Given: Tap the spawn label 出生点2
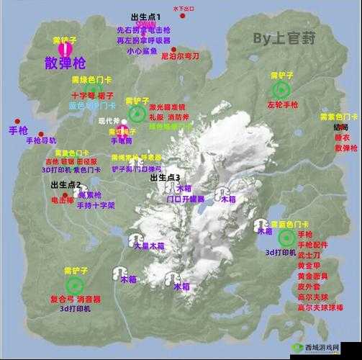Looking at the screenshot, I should [65, 185].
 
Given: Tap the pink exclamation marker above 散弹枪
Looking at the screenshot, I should [65, 49].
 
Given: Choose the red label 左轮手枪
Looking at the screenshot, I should [282, 105].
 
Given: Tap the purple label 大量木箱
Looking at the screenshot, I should [149, 246].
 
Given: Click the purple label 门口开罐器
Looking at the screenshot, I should [186, 199].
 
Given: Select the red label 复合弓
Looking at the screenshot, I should [60, 298].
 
